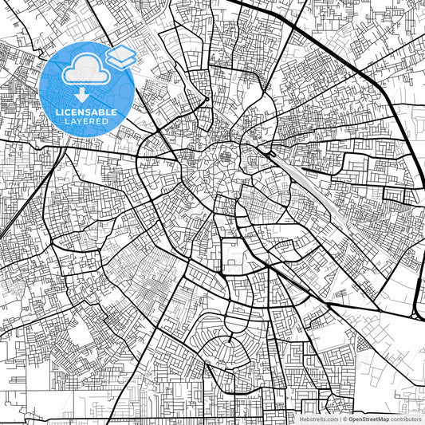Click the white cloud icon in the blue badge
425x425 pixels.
(83, 70)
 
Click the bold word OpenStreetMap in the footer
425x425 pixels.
(366, 418)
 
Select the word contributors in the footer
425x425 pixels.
(405, 418)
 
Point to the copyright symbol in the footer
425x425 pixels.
(344, 418)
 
